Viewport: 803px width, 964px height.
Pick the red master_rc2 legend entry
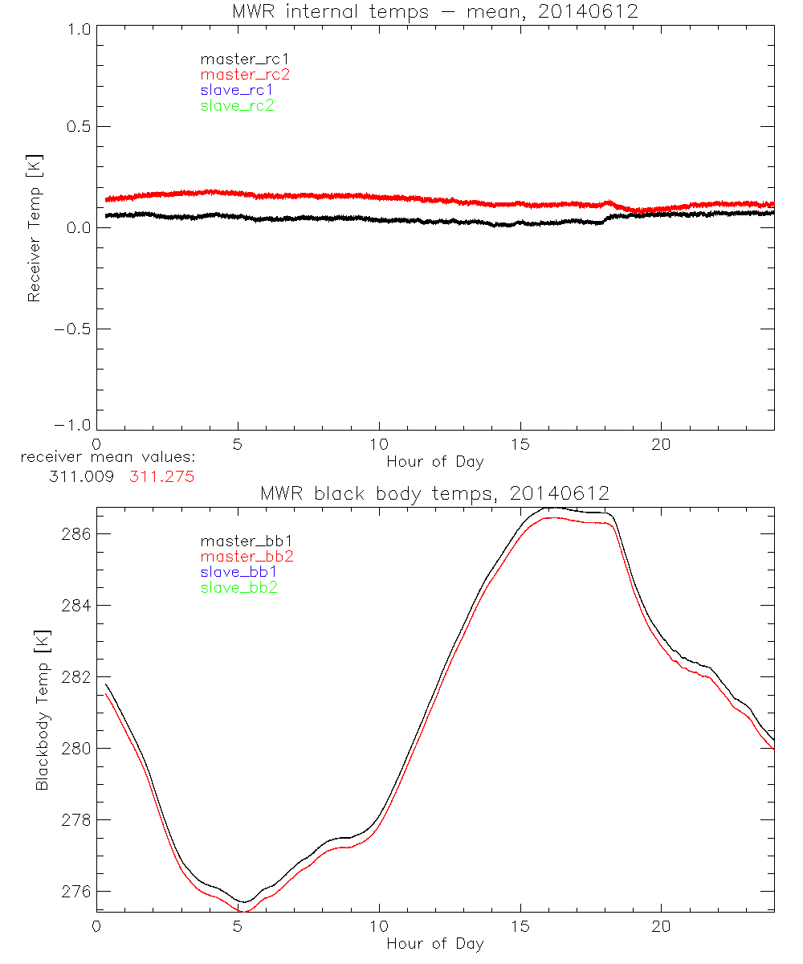coord(245,74)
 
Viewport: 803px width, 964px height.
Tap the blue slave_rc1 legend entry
coord(237,90)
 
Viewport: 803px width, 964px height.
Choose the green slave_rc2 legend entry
coord(237,105)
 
